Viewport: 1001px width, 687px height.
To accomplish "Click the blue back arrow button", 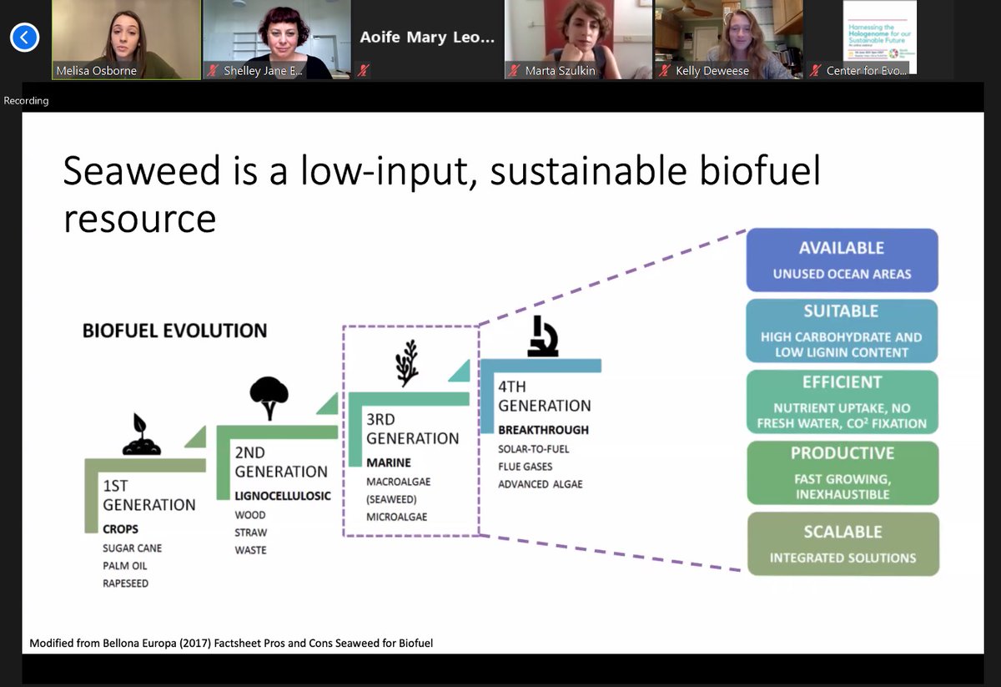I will coord(25,38).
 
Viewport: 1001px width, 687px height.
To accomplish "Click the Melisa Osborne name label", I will coord(96,71).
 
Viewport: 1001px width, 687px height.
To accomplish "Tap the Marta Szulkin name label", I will coord(560,71).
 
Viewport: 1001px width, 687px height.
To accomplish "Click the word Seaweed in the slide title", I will coord(141,170).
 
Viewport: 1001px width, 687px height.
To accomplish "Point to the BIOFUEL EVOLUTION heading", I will coord(174,331).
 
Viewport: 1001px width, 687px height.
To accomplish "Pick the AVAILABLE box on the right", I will coord(842,260).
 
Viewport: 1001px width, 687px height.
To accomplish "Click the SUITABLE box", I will coord(842,331).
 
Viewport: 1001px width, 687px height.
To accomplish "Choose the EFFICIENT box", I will coord(842,402).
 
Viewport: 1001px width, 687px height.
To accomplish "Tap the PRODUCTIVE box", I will coord(842,472).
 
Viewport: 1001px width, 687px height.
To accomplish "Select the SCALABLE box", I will coord(842,544).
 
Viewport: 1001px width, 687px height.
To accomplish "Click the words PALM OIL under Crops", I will coord(125,566).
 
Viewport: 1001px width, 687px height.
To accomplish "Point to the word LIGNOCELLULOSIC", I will coord(283,496).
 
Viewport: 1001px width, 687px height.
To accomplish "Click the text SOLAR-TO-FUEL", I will coord(534,449).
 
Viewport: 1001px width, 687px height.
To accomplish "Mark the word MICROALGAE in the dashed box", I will coord(397,518).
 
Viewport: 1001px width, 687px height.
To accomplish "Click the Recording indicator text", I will coord(27,101).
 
